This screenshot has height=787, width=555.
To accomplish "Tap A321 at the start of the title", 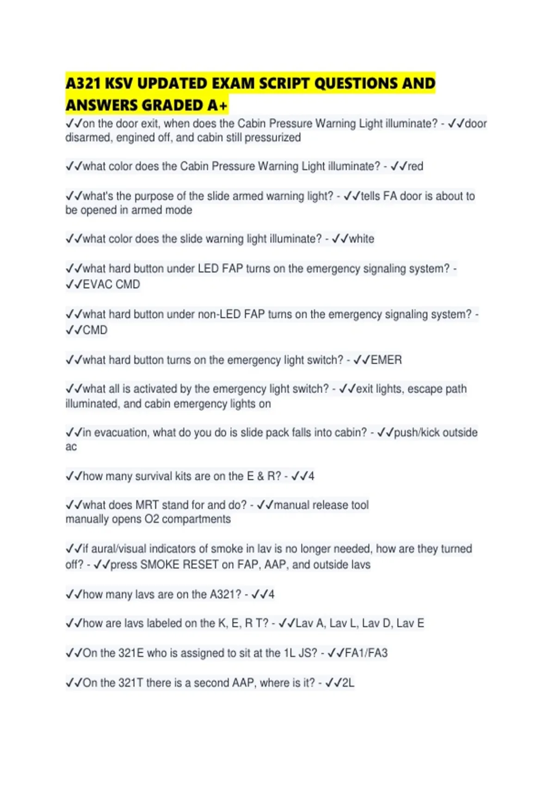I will click(84, 84).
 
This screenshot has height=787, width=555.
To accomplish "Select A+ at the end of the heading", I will click(217, 106).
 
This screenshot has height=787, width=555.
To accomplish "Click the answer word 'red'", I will click(415, 166).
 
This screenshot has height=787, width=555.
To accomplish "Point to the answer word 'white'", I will click(361, 239).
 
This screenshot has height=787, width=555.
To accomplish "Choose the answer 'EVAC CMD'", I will click(111, 284).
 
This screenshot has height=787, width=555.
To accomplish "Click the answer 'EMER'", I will click(386, 360).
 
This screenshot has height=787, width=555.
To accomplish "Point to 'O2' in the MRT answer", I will click(152, 519).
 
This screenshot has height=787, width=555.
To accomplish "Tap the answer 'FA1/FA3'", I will click(366, 653).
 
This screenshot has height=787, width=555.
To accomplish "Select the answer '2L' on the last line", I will click(348, 682).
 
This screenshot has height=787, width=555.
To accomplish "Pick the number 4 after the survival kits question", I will click(311, 476).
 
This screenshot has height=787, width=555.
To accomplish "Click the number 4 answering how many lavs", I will click(271, 594).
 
